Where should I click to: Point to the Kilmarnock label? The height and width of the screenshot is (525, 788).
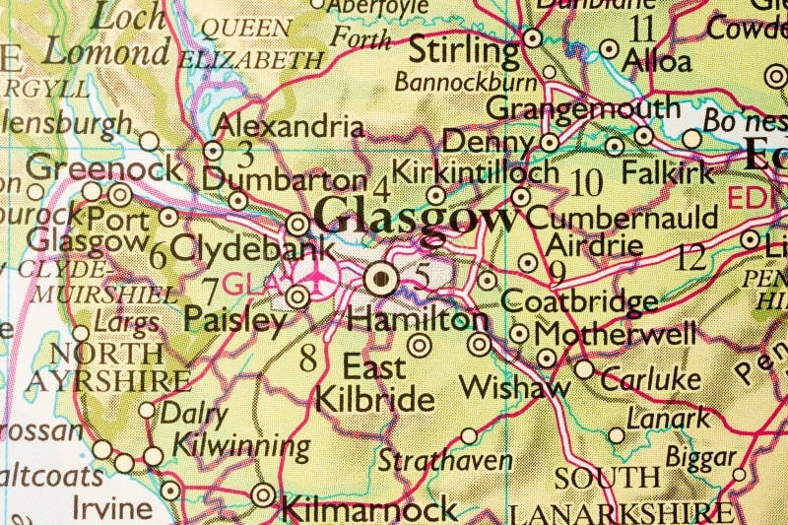[x=369, y=508]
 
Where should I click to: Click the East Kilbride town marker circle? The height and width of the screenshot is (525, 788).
[x=420, y=345]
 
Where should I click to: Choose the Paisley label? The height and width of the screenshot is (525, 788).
[x=234, y=320]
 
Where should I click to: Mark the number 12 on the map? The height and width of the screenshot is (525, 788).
[x=691, y=259]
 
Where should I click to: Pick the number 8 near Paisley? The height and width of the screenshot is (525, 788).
[x=308, y=358]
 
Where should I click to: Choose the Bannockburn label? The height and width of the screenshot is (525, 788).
[x=466, y=81]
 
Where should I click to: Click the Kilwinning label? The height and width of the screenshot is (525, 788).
[x=241, y=445]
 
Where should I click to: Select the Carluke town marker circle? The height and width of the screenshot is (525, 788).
[x=585, y=369]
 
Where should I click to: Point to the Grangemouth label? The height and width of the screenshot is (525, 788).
[x=583, y=106]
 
